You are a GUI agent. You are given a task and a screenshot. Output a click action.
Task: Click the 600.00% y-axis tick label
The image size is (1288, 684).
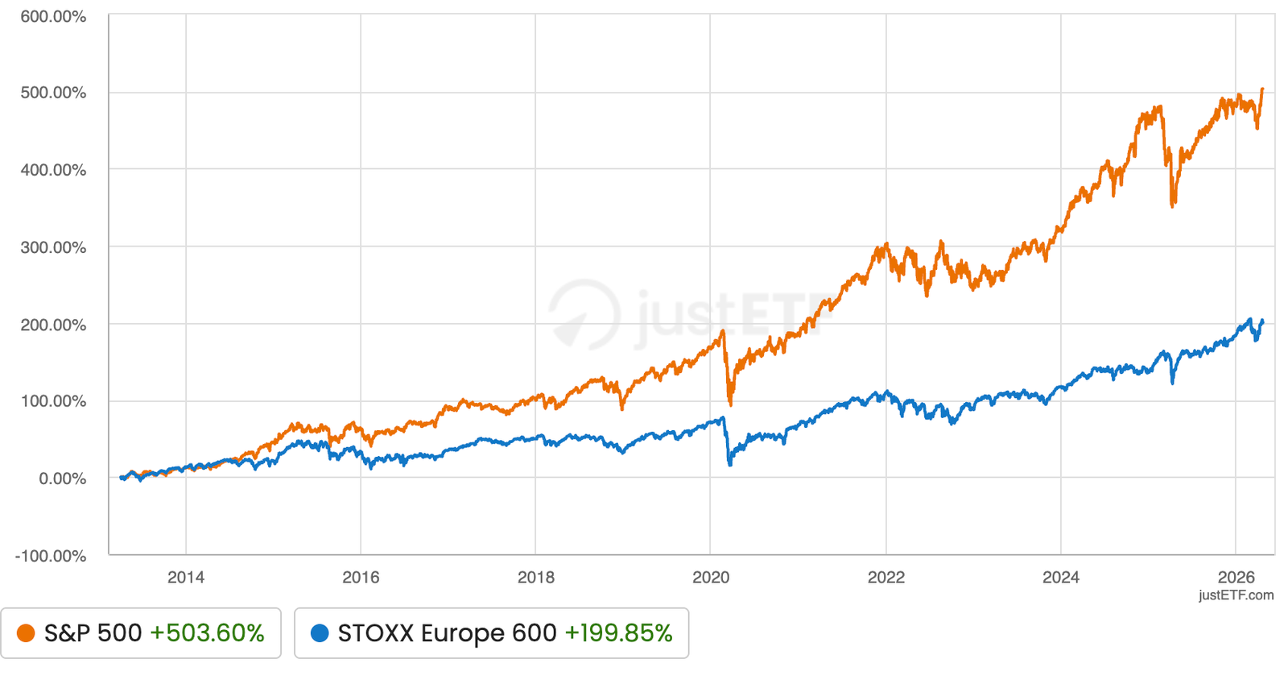click(53, 17)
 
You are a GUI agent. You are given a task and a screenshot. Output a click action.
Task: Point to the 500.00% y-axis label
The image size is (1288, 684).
click(53, 93)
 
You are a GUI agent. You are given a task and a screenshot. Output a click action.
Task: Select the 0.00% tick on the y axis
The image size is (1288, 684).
click(62, 479)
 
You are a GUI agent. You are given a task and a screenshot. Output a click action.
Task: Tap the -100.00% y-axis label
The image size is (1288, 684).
click(51, 557)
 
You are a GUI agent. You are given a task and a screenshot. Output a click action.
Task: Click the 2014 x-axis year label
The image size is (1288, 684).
click(185, 578)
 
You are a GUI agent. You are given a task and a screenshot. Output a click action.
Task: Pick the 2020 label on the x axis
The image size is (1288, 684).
click(711, 578)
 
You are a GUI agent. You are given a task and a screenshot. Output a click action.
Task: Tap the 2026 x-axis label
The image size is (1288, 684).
click(1236, 578)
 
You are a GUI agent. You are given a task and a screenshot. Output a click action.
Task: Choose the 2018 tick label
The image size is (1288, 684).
click(535, 578)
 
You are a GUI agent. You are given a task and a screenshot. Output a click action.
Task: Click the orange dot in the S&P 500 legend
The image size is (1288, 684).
click(26, 633)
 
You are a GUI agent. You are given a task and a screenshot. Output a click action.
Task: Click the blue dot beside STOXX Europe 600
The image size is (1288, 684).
click(320, 633)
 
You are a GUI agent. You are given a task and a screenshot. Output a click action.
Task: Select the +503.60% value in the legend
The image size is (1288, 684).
click(207, 633)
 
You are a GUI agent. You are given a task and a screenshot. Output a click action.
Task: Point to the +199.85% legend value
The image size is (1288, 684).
click(618, 633)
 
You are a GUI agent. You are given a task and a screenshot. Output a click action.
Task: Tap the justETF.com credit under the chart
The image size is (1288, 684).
click(1236, 595)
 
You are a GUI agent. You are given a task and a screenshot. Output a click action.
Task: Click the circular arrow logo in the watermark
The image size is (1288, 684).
click(585, 315)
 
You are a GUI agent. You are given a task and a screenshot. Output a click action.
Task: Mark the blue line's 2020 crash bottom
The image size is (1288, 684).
click(730, 464)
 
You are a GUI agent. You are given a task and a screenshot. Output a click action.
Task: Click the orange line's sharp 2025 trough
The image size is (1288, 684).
click(1173, 205)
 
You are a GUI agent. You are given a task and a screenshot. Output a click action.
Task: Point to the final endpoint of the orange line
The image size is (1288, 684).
click(1262, 89)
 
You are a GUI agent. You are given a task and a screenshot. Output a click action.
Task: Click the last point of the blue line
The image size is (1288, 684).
click(1262, 321)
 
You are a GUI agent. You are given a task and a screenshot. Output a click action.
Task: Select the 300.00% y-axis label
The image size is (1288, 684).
click(53, 247)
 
